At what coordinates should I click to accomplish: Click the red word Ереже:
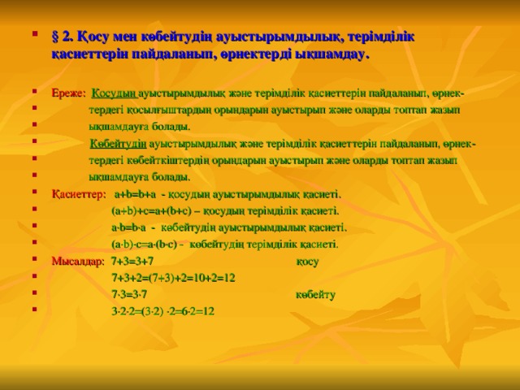coord(69,91)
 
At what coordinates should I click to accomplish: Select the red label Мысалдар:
coord(77,261)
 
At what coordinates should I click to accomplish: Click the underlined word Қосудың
coord(115,91)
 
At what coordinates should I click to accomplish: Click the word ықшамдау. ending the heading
coord(333,54)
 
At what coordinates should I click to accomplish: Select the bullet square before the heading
coord(34,37)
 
